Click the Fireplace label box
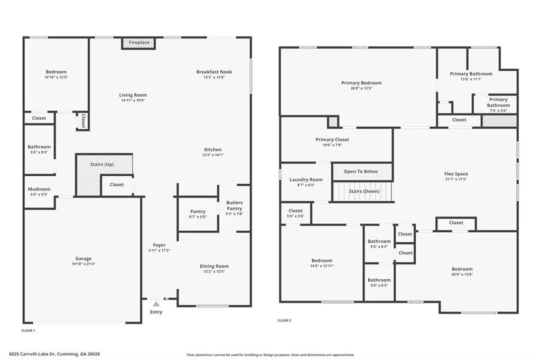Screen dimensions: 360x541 138,43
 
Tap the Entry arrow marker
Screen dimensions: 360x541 156,304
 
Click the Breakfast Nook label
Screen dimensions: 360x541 214,72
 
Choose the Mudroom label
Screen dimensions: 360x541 39,189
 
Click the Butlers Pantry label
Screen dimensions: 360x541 235,205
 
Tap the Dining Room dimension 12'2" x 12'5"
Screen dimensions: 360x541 214,272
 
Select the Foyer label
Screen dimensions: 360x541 159,245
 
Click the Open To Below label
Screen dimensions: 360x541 361,172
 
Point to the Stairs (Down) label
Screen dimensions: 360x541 364,191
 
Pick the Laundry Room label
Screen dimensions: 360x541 306,180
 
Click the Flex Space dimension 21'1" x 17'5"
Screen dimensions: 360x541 456,179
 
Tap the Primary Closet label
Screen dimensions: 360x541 332,140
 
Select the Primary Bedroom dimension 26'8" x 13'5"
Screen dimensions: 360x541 361,89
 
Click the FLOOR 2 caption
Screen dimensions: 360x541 284,320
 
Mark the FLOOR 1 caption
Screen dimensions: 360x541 28,330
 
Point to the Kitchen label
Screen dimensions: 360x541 212,149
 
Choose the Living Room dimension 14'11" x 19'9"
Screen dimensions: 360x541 133,100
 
